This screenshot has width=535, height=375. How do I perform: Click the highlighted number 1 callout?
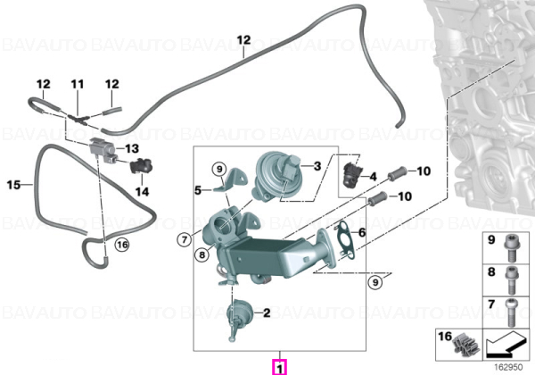pyautogui.click(x=279, y=368)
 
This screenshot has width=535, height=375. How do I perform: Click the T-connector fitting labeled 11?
pyautogui.click(x=78, y=118)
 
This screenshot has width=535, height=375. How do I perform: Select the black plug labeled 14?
pyautogui.click(x=141, y=166)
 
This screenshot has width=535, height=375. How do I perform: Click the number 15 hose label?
pyautogui.click(x=13, y=185)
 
